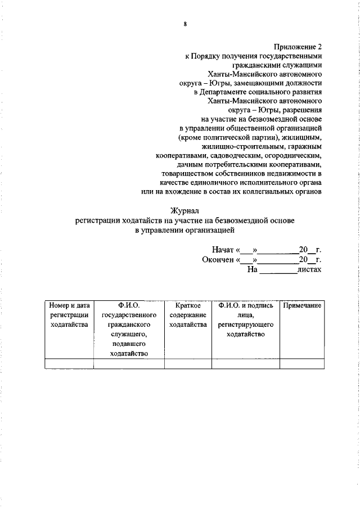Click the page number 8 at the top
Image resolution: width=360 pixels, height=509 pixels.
184,23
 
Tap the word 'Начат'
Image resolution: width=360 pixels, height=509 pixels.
223,249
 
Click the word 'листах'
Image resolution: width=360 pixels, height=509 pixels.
310,269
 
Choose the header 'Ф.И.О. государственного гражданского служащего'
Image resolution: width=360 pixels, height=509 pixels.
129,329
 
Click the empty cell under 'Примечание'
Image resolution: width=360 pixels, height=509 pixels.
302,363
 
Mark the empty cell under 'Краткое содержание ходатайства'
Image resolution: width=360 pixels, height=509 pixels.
188,363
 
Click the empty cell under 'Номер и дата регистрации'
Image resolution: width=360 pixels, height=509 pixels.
69,363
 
